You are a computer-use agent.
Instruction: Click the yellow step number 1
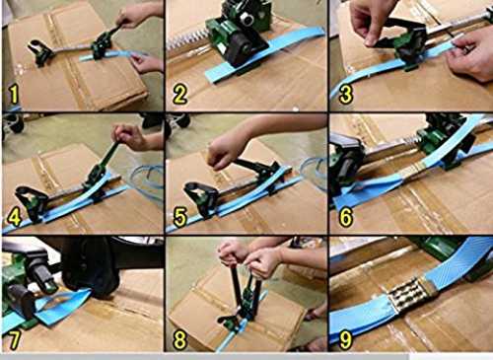point(14,95)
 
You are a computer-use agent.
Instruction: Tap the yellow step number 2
point(179,95)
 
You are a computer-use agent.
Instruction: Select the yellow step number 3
point(346,95)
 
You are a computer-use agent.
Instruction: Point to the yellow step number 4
point(14,216)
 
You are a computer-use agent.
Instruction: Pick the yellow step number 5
point(180,217)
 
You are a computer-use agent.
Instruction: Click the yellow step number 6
point(346,217)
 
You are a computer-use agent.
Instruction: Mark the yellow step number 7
point(14,340)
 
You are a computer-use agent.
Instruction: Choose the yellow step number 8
point(180,340)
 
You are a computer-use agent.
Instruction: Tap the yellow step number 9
point(346,340)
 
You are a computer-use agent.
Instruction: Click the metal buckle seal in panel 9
point(410,294)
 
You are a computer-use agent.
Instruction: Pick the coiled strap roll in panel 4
point(147,180)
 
